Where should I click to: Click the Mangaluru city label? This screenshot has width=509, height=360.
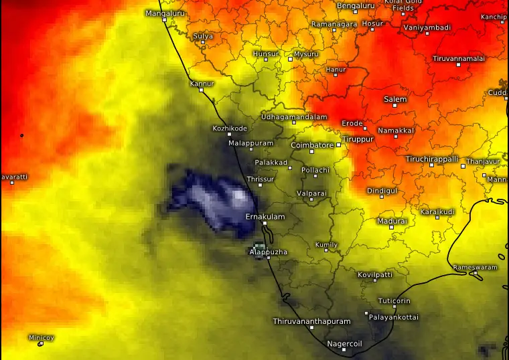pyautogui.click(x=164, y=13)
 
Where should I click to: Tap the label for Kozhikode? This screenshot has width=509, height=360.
pyautogui.click(x=230, y=128)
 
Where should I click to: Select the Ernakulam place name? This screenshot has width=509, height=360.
pyautogui.click(x=265, y=217)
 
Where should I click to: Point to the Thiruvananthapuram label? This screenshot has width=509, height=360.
pyautogui.click(x=311, y=321)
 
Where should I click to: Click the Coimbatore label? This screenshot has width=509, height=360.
pyautogui.click(x=312, y=145)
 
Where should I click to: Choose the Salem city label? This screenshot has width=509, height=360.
pyautogui.click(x=395, y=99)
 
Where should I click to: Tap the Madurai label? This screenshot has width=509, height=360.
pyautogui.click(x=392, y=220)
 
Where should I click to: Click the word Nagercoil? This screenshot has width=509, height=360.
pyautogui.click(x=344, y=343)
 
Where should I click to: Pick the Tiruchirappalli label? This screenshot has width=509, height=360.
pyautogui.click(x=432, y=159)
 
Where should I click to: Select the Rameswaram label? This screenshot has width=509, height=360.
pyautogui.click(x=476, y=267)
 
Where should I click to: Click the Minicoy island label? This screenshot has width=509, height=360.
pyautogui.click(x=42, y=337)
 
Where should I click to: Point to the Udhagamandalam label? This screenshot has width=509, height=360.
pyautogui.click(x=293, y=116)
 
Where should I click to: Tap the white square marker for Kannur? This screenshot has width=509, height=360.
pyautogui.click(x=201, y=90)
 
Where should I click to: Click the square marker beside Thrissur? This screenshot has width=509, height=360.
pyautogui.click(x=261, y=185)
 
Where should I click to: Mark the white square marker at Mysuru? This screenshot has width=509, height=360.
pyautogui.click(x=290, y=59)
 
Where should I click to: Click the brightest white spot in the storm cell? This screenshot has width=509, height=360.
pyautogui.click(x=239, y=196)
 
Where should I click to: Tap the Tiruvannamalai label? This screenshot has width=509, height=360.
pyautogui.click(x=459, y=58)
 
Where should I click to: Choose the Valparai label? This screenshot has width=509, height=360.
pyautogui.click(x=312, y=193)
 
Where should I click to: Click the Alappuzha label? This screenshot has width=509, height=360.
pyautogui.click(x=268, y=252)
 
